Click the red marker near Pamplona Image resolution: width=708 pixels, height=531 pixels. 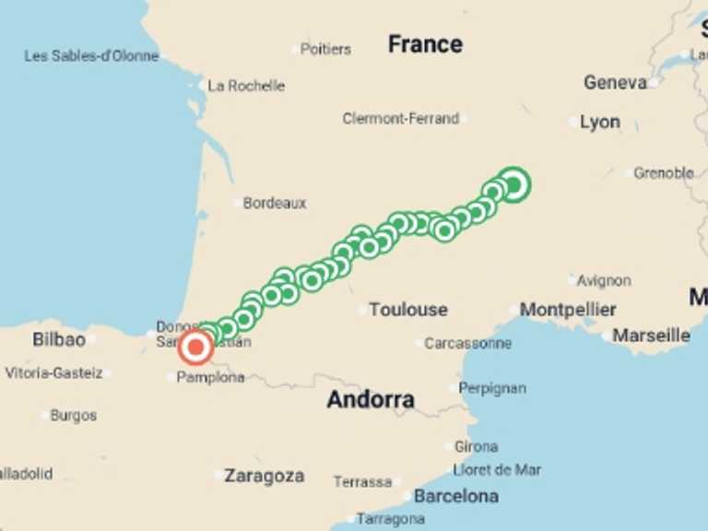click(x=195, y=348)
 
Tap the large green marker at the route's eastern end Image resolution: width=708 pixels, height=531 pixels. click(x=513, y=184)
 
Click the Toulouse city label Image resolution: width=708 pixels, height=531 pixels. click(x=407, y=310)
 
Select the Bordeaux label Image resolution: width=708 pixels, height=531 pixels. click(x=275, y=203)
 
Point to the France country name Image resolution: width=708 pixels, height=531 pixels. click(x=425, y=43)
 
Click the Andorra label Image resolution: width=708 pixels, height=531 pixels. click(x=371, y=400)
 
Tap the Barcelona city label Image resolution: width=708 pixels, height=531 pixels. click(x=456, y=496)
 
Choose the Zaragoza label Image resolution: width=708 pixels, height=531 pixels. click(x=265, y=477)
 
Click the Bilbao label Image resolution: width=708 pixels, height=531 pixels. click(x=59, y=339)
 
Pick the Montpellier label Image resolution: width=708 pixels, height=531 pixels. click(x=568, y=310)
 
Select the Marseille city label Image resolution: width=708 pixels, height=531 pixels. click(x=651, y=336)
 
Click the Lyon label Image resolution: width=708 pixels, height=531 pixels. click(x=600, y=122)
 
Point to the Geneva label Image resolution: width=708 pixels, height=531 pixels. click(x=615, y=83)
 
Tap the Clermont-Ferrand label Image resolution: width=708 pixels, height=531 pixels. click(x=400, y=118)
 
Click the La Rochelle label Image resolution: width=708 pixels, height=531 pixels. click(x=246, y=86)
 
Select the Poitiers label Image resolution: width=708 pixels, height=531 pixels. click(x=325, y=49)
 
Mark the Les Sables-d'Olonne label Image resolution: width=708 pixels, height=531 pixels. click(x=91, y=56)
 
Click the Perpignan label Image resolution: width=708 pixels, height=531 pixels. click(x=492, y=388)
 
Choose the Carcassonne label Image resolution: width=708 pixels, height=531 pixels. click(x=467, y=343)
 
